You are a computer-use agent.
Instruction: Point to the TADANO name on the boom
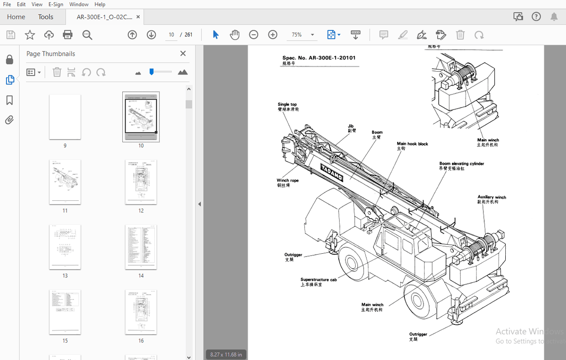(331, 172)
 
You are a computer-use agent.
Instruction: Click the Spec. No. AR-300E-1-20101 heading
(319, 58)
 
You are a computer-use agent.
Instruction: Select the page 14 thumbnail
(141, 247)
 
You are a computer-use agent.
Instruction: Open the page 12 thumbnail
(141, 182)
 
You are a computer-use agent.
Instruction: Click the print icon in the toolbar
(68, 35)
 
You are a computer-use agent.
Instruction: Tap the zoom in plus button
(273, 35)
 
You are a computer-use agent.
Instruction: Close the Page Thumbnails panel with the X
(183, 53)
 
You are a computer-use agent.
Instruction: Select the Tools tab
(46, 17)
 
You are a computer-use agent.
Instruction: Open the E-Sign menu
(55, 4)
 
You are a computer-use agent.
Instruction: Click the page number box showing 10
(171, 35)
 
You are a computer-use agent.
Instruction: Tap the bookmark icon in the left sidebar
(9, 100)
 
